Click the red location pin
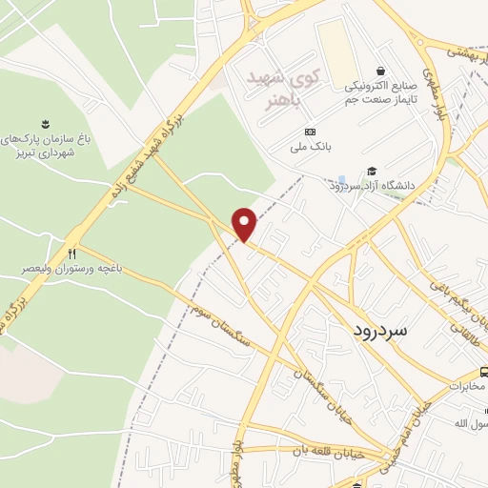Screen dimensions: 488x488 [x=246, y=225]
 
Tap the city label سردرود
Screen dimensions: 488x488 [x=381, y=330]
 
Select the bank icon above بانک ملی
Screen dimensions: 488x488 [x=310, y=132]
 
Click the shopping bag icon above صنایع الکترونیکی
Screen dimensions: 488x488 [x=381, y=70]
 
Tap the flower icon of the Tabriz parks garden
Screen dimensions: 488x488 [x=44, y=123]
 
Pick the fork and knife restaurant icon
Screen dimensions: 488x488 [x=72, y=253]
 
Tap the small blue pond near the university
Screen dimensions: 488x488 [x=341, y=179]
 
